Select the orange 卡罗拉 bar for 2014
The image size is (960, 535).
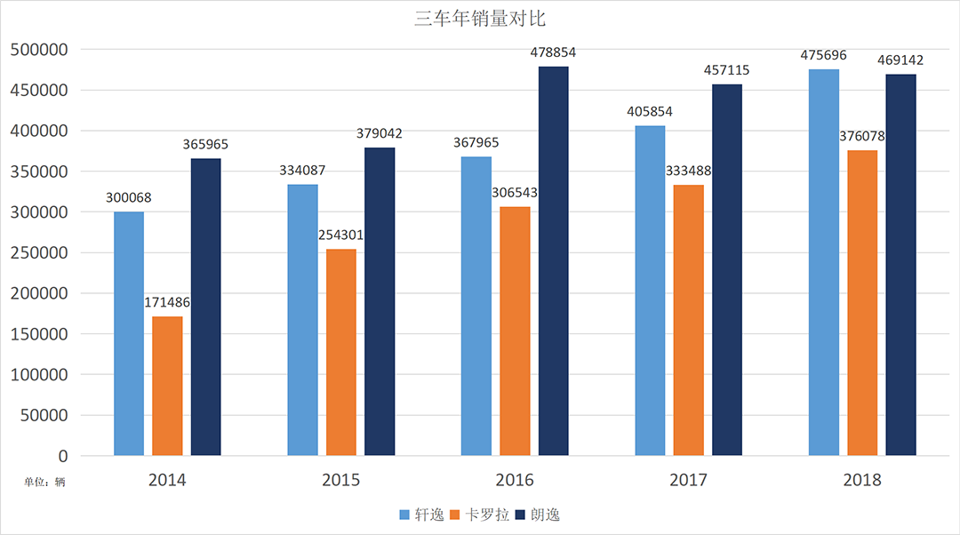167,386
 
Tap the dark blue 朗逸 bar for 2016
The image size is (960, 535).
553,261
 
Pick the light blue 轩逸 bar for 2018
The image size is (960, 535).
823,262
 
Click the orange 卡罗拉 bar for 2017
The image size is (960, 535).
688,320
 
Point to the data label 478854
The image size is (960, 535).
552,52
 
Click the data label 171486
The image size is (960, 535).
167,303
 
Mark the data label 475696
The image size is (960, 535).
823,55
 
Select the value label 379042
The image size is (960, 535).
379,133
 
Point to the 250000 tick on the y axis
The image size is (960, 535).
39,253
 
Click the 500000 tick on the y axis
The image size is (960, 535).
39,50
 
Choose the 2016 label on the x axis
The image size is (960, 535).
515,481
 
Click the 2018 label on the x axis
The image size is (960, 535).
862,481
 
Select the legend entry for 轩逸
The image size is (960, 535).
422,515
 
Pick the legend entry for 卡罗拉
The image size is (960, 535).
480,515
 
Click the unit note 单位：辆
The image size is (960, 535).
44,483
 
